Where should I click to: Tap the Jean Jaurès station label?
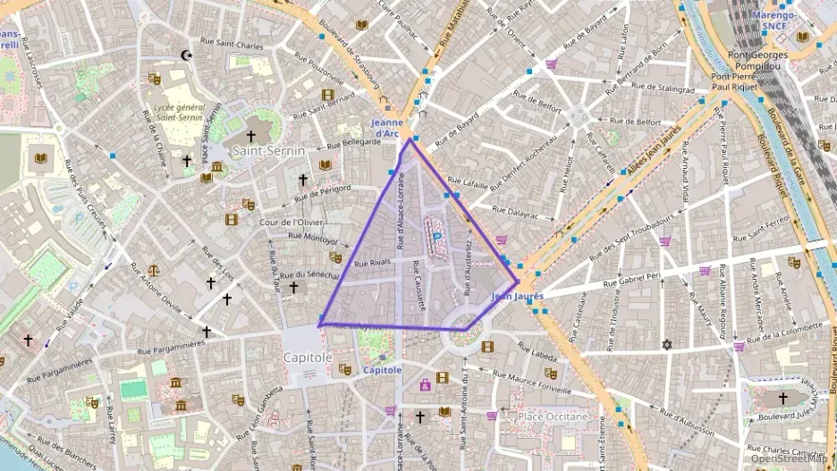pos(518,296)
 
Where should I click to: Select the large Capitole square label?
pos(308,357)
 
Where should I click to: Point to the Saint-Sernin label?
pos(268,152)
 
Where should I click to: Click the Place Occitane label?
pos(554,416)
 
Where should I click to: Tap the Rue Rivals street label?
pos(374,264)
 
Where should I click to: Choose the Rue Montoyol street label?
pos(313,239)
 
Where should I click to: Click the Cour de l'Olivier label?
pos(291,223)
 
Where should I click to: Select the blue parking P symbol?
pos(437,236)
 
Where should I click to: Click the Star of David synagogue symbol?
pos(666,344)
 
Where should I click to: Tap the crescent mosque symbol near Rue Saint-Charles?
pos(187,55)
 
